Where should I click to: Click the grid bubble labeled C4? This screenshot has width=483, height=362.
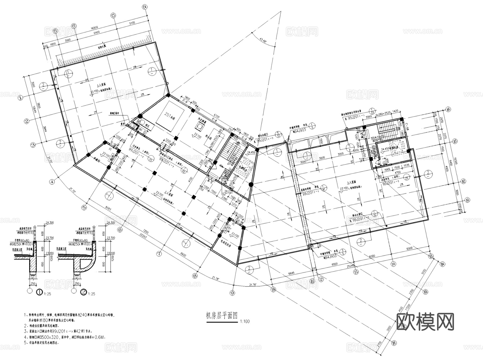tap(145, 7)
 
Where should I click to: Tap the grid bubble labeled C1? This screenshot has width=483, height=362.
tap(56, 31)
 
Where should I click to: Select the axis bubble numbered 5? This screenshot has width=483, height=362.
tap(84, 207)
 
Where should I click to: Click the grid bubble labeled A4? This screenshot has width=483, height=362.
tap(448, 109)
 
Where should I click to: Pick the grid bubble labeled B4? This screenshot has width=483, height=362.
tap(443, 264)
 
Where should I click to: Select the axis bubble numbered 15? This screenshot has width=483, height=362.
tap(431, 256)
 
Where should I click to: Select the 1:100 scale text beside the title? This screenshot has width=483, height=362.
tap(245, 321)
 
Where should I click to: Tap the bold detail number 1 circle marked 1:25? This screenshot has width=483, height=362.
tap(39, 292)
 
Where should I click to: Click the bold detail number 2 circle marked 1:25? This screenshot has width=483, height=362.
tap(84, 292)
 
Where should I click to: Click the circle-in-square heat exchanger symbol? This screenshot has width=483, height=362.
tap(200, 126)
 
